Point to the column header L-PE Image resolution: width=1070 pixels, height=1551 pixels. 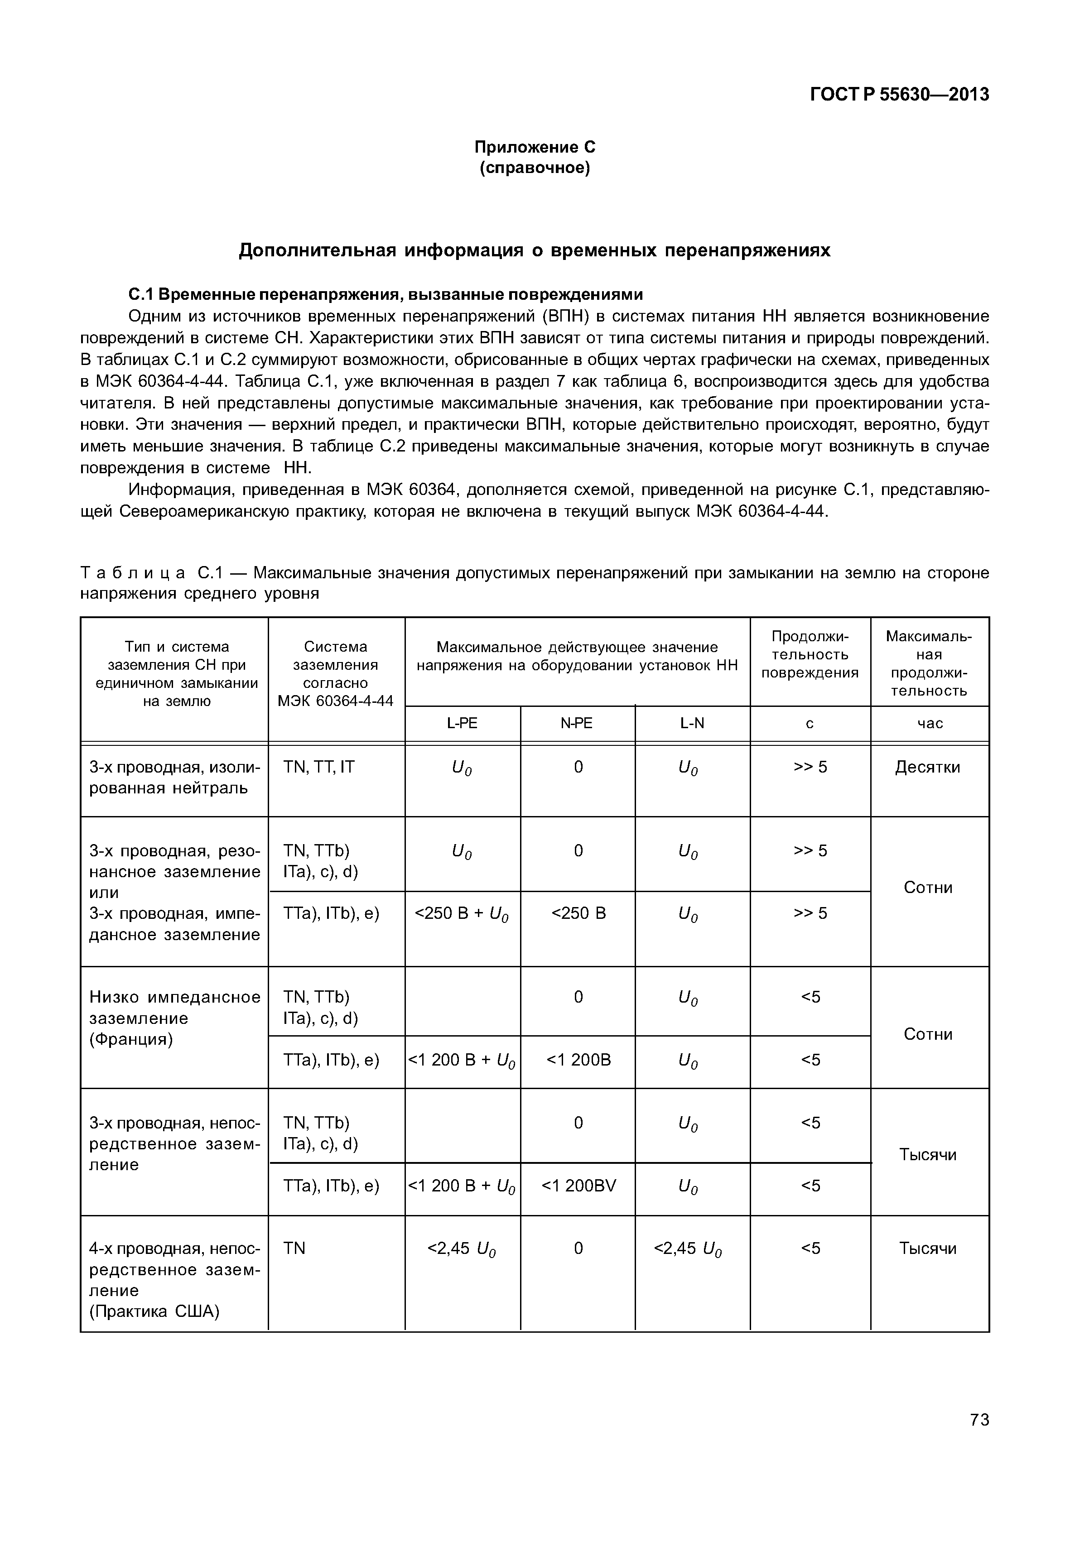click(462, 723)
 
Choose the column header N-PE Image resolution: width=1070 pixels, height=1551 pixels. click(577, 723)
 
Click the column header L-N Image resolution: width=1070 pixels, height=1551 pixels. click(692, 723)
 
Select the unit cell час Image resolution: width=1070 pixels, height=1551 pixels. click(929, 723)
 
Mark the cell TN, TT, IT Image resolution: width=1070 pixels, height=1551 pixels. click(318, 767)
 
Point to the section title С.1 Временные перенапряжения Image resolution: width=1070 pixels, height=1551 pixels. click(386, 294)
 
